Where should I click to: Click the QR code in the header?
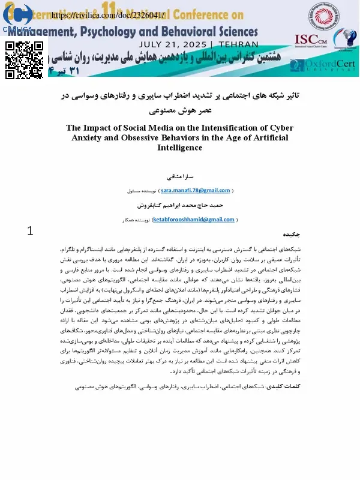[25, 61]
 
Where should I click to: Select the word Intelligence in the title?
[180, 147]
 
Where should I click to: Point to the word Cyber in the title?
[278, 128]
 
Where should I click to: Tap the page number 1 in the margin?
[31, 230]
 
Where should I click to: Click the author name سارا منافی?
[181, 178]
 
